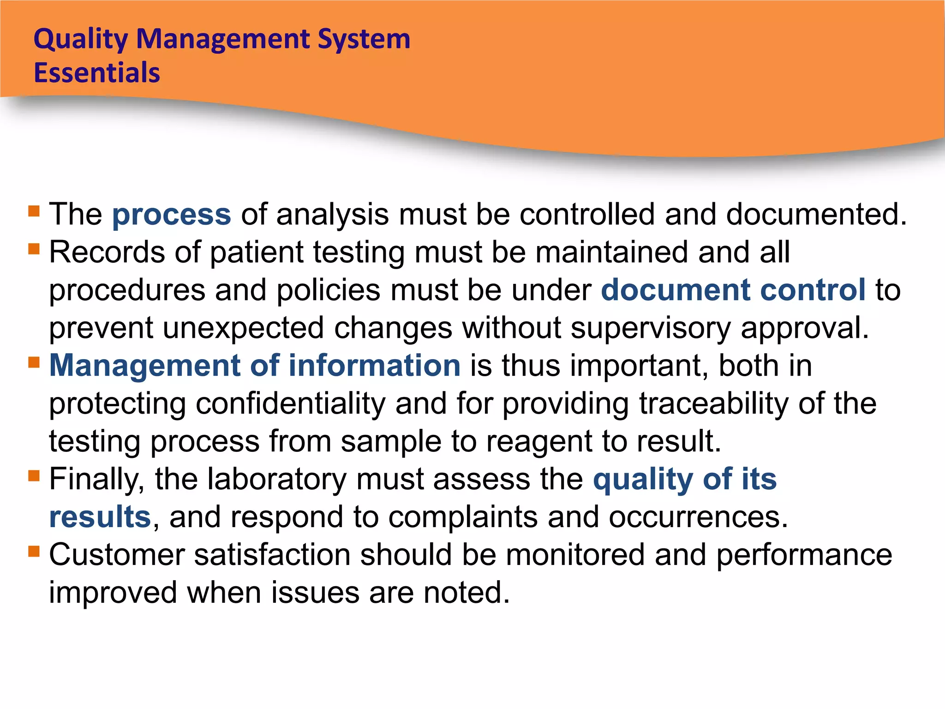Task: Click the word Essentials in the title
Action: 97,73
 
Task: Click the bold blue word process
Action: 172,215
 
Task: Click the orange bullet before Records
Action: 34,249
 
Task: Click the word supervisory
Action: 651,329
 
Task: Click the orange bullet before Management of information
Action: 34,362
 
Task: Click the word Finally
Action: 97,480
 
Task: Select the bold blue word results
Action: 100,517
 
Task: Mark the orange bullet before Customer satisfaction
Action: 34,551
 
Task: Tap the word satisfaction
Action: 272,555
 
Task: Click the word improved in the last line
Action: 113,594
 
